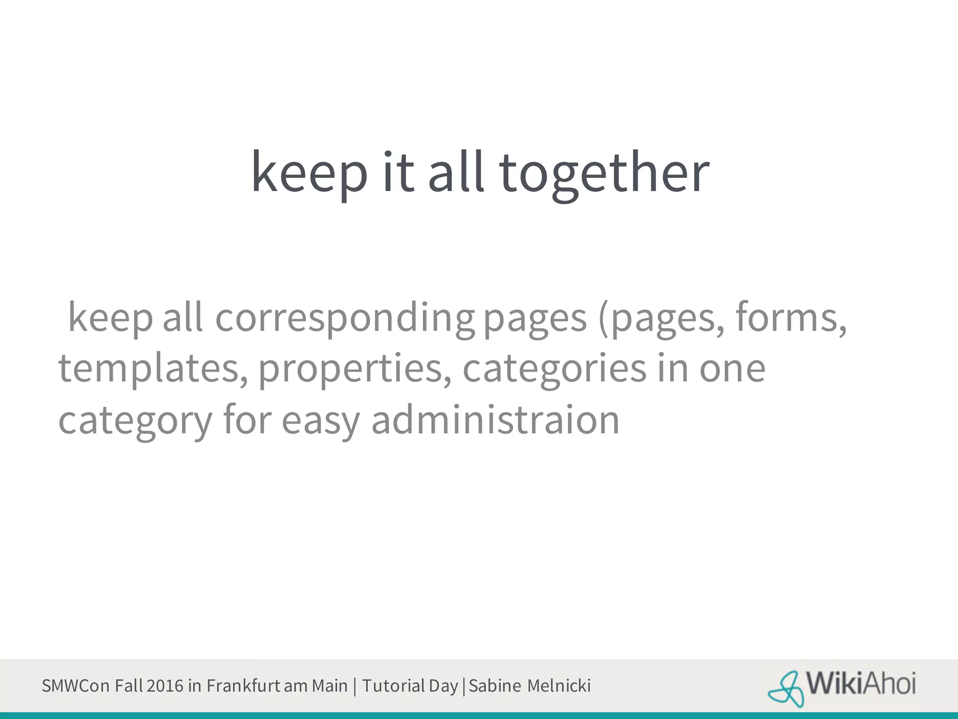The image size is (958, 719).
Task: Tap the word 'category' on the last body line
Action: pyautogui.click(x=135, y=420)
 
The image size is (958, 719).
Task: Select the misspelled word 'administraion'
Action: pyautogui.click(x=495, y=419)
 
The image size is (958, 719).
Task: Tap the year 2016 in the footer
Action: pyautogui.click(x=165, y=686)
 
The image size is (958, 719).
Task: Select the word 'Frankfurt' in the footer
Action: pyautogui.click(x=243, y=686)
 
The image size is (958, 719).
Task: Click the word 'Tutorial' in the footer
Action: pyautogui.click(x=393, y=686)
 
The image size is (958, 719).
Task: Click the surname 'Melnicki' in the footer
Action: pyautogui.click(x=559, y=686)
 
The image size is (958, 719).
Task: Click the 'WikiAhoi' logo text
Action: pyautogui.click(x=861, y=684)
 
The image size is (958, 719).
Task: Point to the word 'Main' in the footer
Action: pyautogui.click(x=330, y=686)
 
